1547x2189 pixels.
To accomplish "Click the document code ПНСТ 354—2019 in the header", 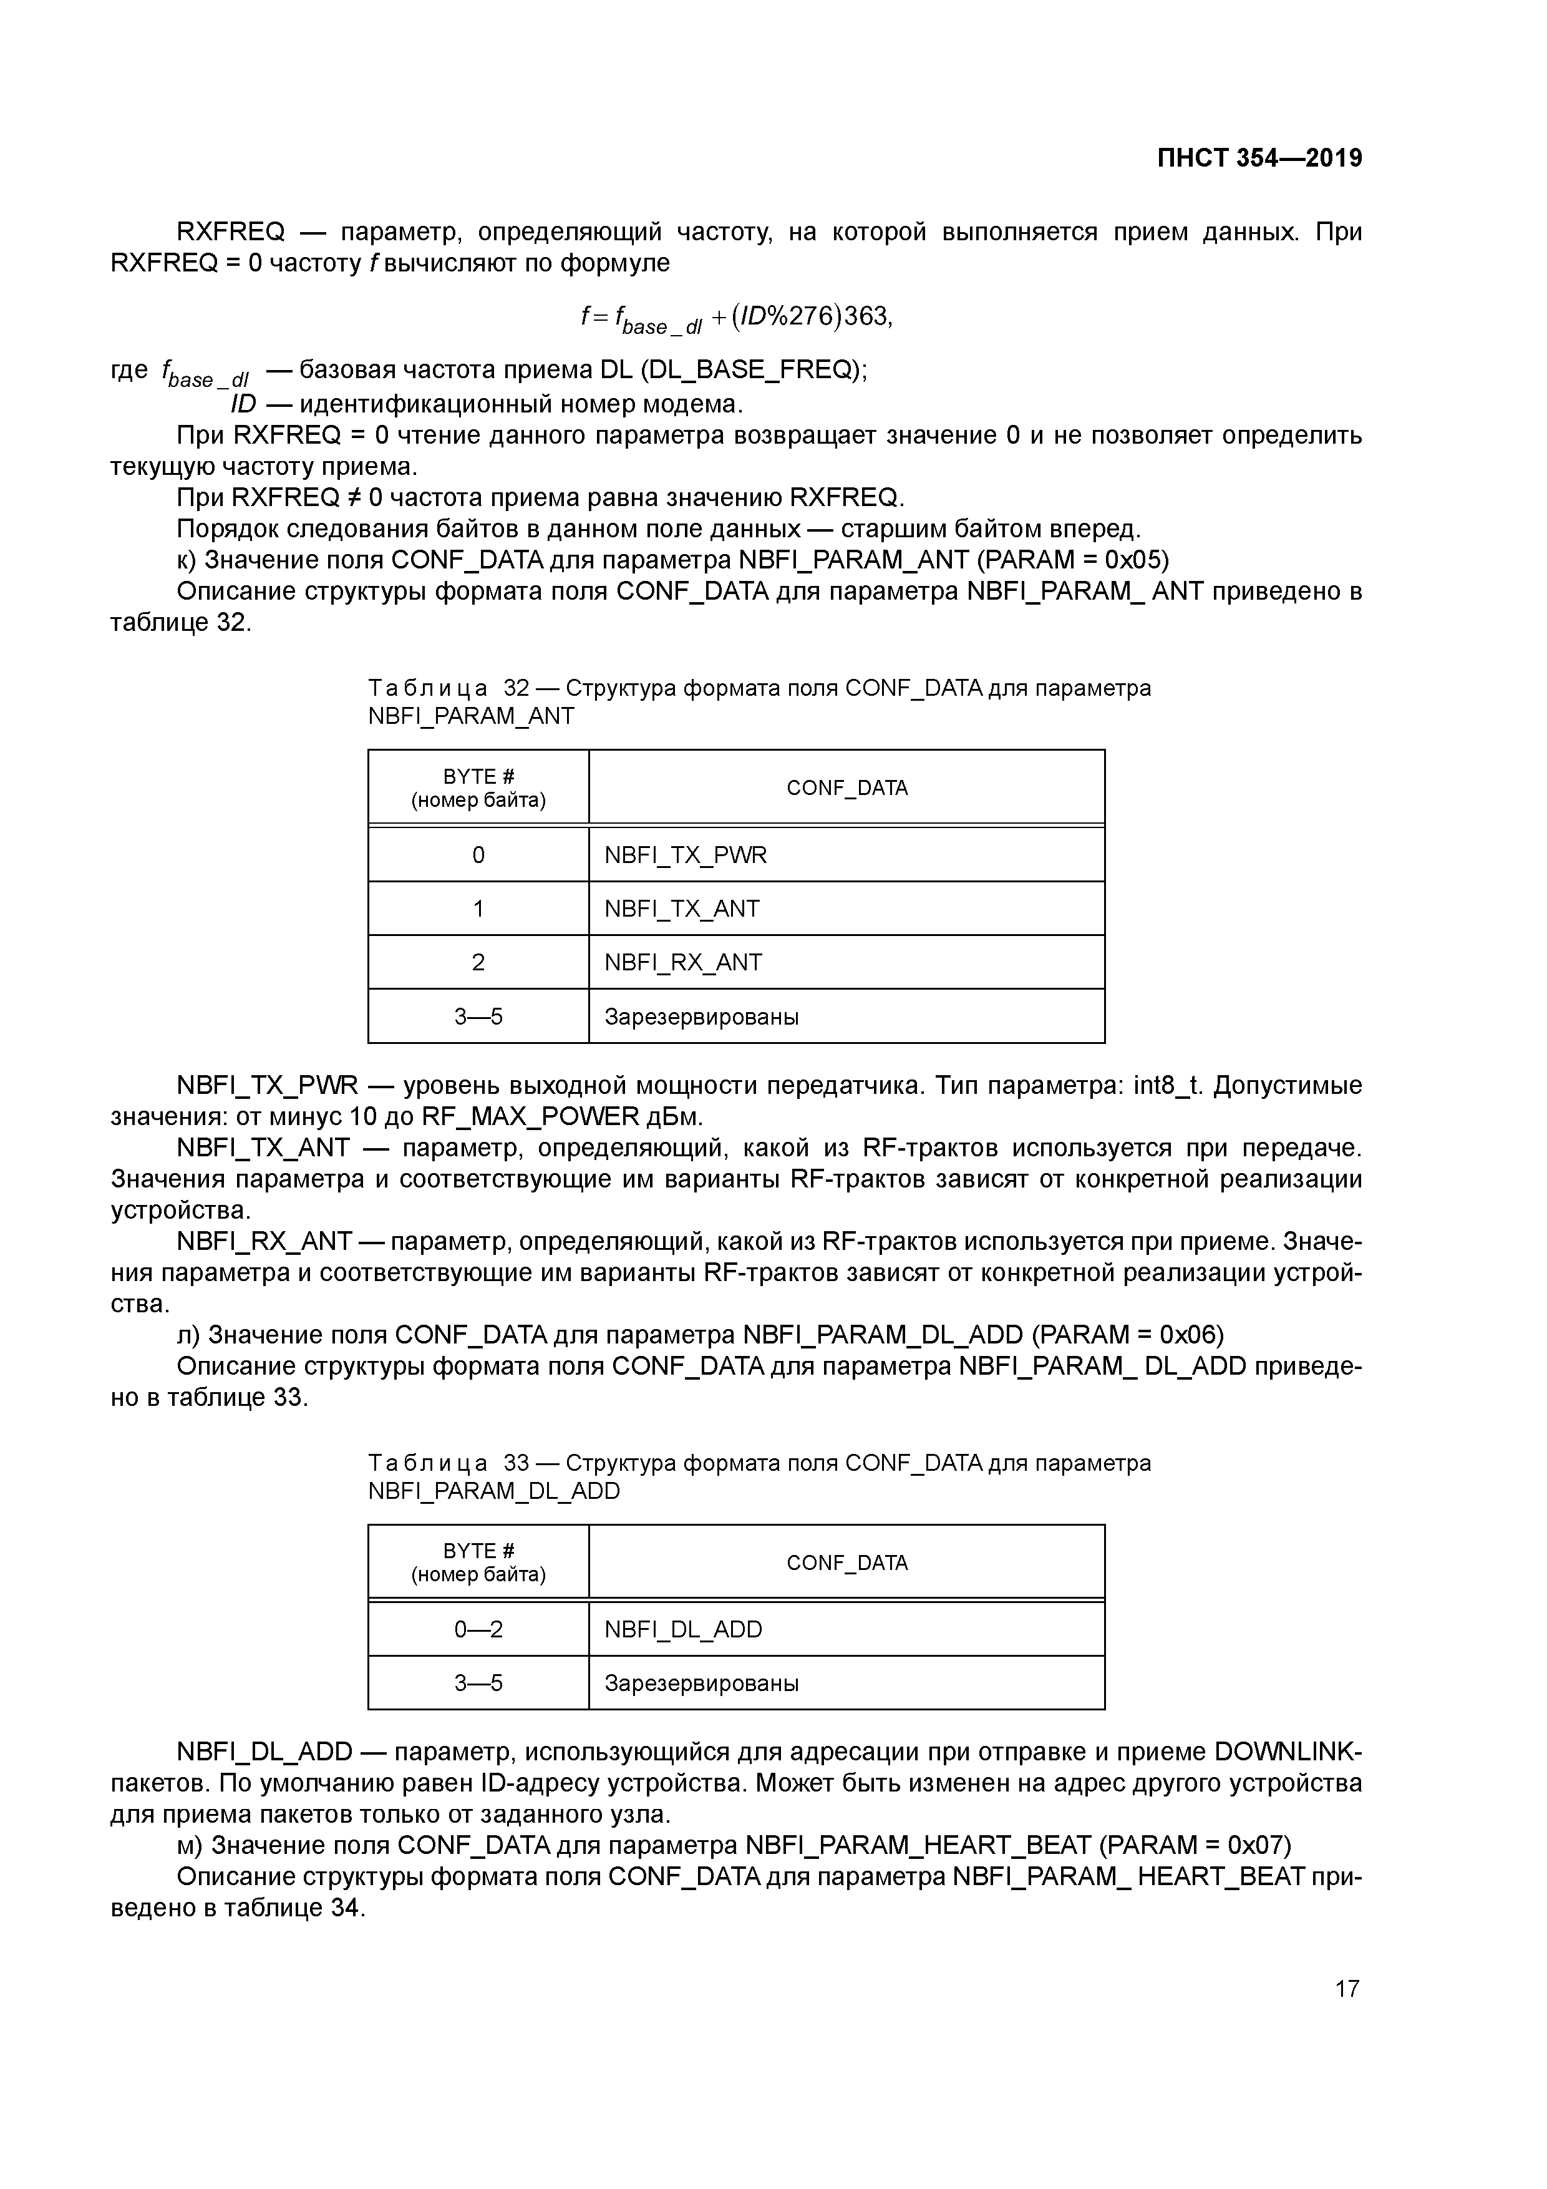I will click(x=1259, y=158).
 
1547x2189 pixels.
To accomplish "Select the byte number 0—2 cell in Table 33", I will click(x=478, y=1629).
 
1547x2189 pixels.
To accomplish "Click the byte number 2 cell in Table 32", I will click(x=478, y=962).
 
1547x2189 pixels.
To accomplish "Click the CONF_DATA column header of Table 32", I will click(x=846, y=787).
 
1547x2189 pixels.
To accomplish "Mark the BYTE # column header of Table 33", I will click(x=478, y=1562).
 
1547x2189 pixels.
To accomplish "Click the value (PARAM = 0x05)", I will click(x=1072, y=560).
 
